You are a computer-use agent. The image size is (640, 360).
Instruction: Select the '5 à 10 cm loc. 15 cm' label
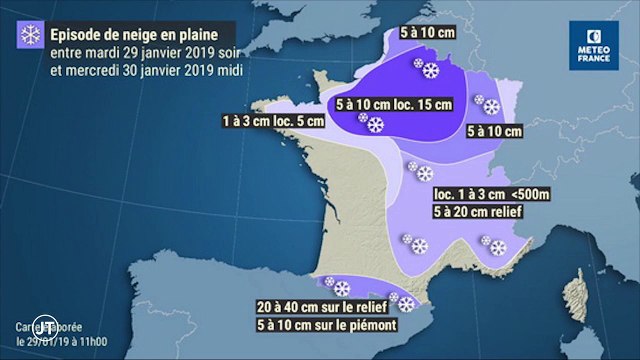[393, 103]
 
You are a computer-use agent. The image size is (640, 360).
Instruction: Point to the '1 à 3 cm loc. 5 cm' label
[270, 121]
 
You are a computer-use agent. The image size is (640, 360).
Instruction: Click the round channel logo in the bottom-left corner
[43, 326]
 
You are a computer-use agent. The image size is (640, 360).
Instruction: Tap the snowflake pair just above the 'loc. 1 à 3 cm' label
[418, 171]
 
